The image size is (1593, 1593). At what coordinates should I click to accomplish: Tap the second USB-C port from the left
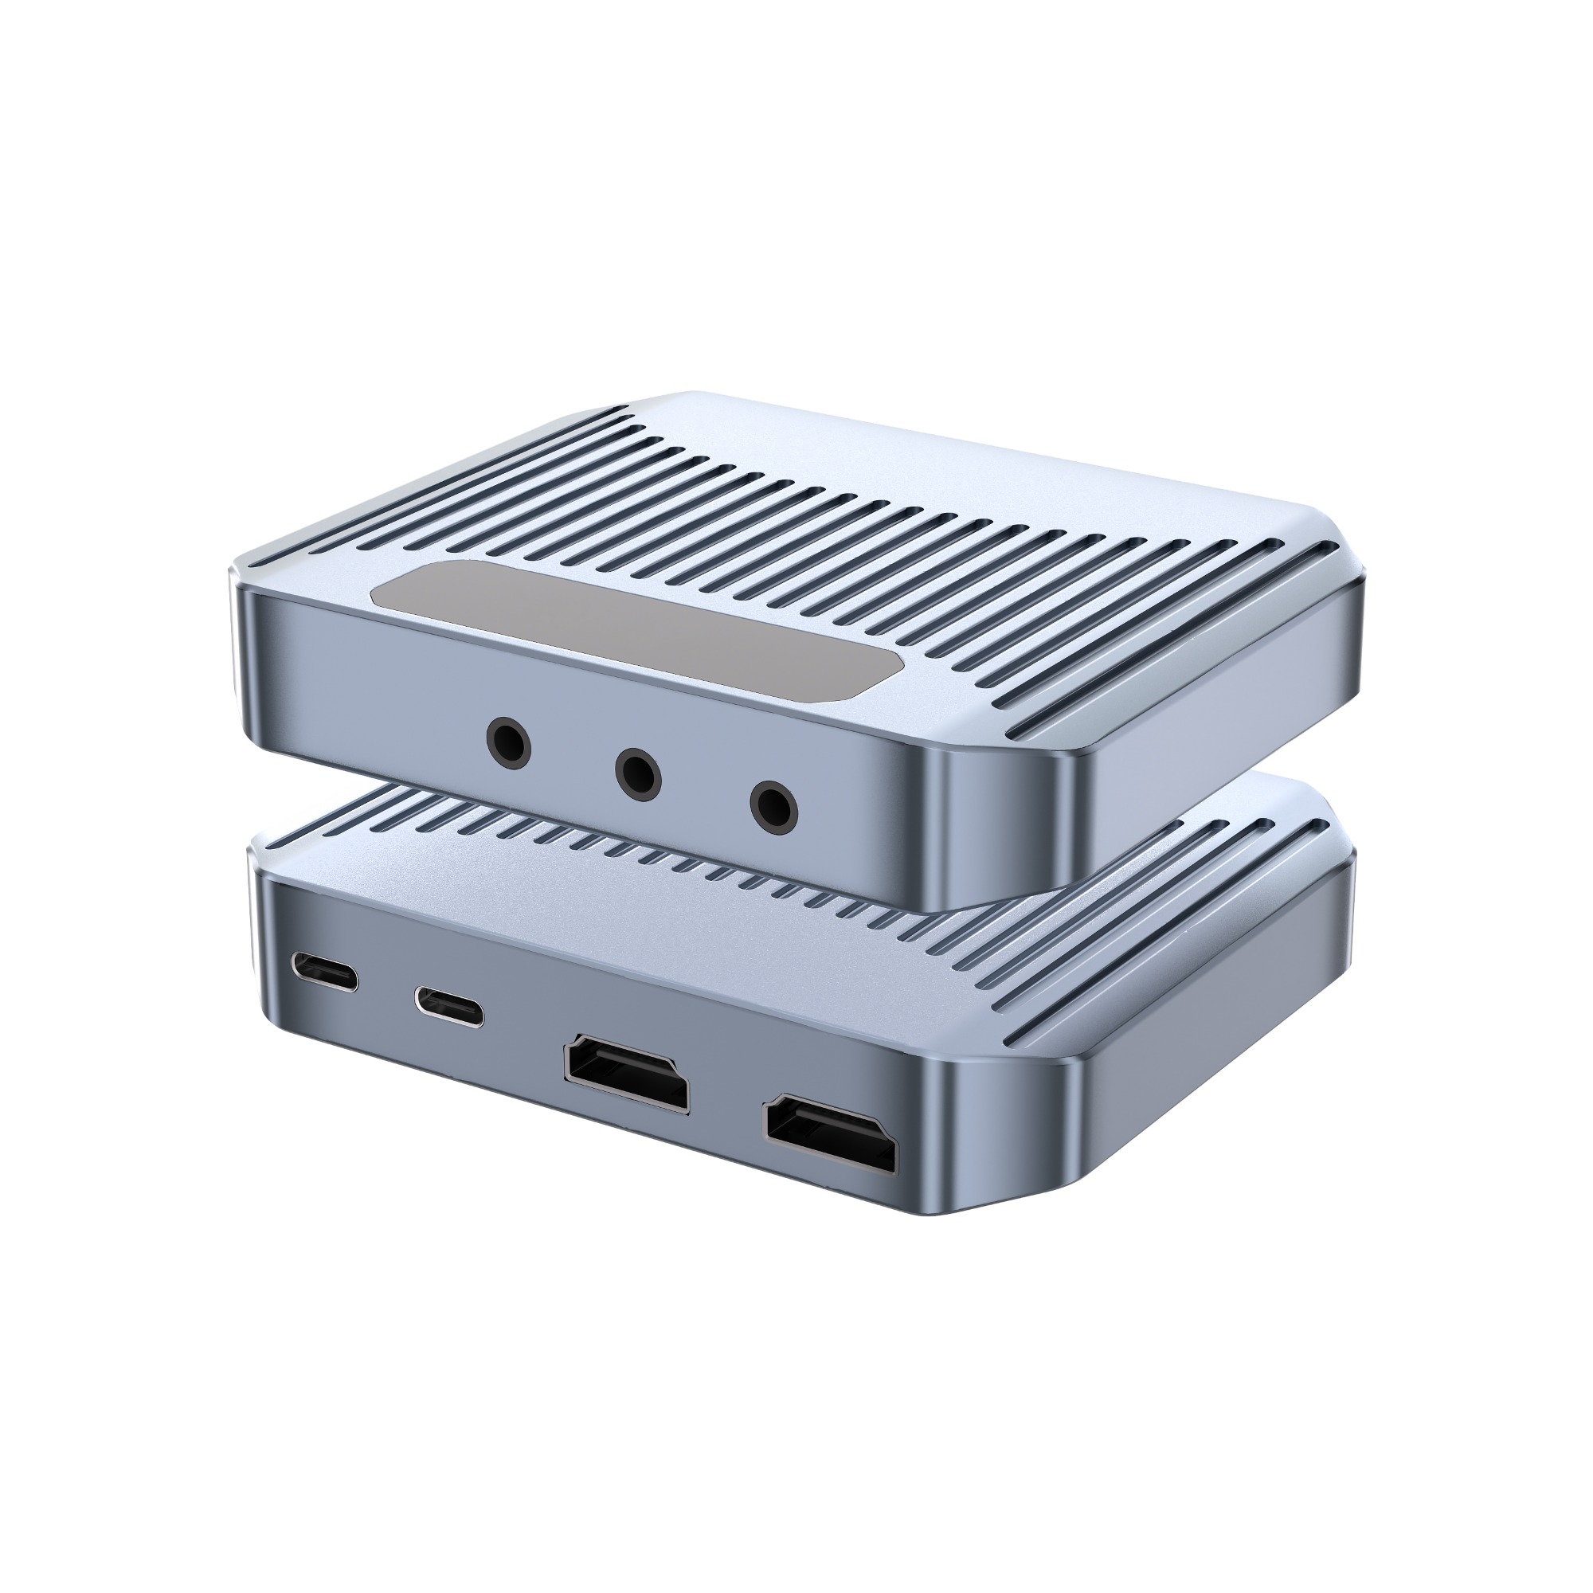449,1005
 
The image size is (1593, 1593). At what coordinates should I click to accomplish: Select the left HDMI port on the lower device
626,1078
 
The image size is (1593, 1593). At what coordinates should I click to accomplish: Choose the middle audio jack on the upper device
640,772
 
